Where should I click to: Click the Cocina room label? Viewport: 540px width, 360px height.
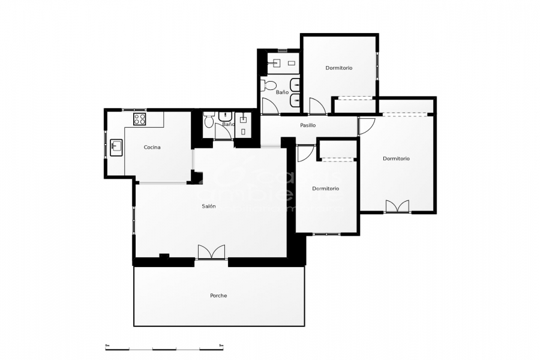click(152, 148)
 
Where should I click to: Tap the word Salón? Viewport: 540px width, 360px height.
click(209, 206)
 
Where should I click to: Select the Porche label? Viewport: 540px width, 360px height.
click(218, 295)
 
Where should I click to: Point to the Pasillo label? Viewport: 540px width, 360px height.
click(308, 125)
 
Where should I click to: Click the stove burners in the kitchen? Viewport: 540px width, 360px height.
click(139, 118)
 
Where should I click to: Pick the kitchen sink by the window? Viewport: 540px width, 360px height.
click(116, 145)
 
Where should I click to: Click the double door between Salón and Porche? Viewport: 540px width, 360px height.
click(211, 252)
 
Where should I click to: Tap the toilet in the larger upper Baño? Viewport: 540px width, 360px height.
click(269, 85)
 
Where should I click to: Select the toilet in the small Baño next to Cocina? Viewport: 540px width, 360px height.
click(208, 121)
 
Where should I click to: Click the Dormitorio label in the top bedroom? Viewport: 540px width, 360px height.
click(339, 68)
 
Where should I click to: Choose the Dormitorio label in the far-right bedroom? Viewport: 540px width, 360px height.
click(396, 158)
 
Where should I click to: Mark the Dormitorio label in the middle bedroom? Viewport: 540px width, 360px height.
click(325, 188)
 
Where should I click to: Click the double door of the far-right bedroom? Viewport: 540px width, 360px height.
click(397, 206)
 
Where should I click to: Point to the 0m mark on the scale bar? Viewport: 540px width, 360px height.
click(107, 346)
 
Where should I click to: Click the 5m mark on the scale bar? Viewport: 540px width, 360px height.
click(221, 346)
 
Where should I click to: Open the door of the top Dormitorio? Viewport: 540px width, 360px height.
click(317, 106)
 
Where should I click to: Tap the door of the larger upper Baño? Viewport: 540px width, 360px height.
click(270, 106)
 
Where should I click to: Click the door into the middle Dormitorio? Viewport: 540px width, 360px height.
click(305, 153)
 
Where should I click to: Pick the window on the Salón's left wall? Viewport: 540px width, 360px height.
click(134, 217)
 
